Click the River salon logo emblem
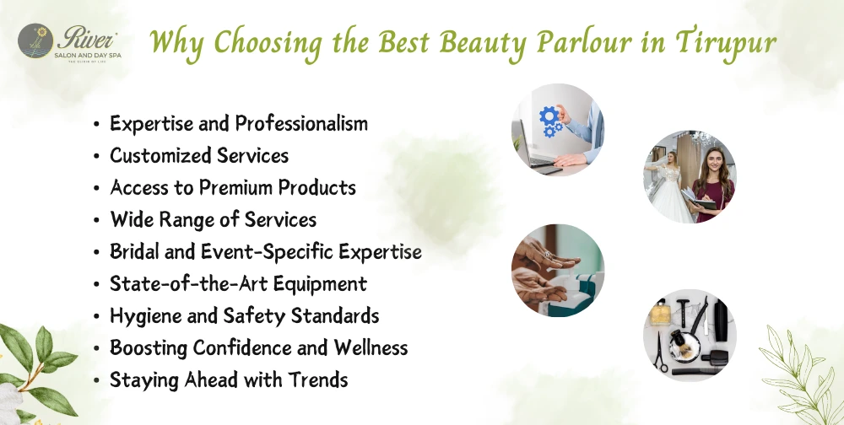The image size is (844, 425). [37, 38]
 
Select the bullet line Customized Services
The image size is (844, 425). [199, 156]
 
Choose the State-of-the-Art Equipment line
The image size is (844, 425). [238, 283]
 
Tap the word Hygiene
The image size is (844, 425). [141, 316]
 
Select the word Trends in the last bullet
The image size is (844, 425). [319, 379]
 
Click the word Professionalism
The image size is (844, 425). [301, 124]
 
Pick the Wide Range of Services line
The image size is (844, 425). [214, 219]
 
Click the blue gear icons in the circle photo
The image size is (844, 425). [549, 121]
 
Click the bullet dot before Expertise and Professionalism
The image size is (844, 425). [97, 125]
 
